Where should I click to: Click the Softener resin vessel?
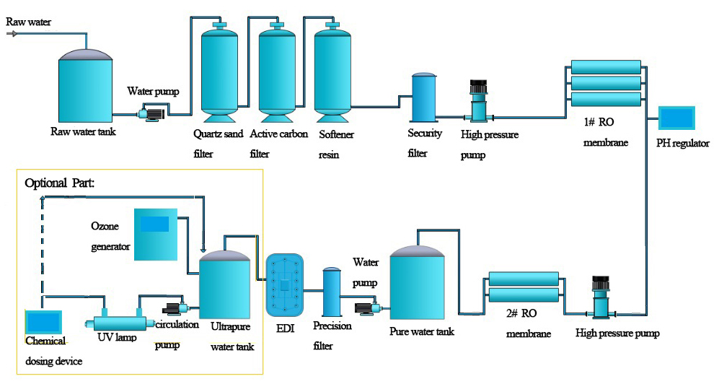point(332,72)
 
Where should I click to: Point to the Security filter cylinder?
point(423,97)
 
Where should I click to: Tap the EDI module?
point(286,285)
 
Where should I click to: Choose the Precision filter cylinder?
point(331,292)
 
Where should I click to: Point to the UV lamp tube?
point(120,323)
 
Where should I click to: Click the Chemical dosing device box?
point(44,322)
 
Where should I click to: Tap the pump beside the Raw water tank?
point(151,112)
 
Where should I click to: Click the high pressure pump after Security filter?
point(478,101)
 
